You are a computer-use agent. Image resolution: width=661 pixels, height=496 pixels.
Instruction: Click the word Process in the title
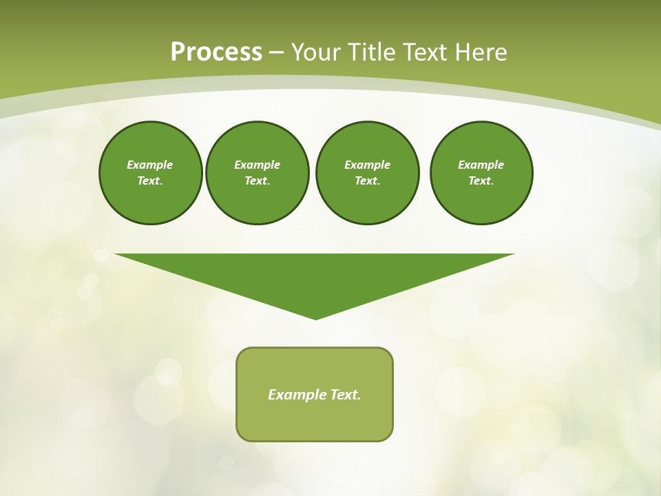pos(216,52)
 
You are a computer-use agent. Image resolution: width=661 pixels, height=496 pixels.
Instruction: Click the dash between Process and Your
pos(276,53)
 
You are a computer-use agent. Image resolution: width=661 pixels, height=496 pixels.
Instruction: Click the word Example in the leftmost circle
pos(149,165)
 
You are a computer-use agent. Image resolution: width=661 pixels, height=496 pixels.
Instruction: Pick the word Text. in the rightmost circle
pos(481,181)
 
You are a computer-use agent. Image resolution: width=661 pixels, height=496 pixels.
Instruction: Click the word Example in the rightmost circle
pos(481,165)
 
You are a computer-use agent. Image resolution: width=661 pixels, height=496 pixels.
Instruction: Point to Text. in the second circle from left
pos(257,181)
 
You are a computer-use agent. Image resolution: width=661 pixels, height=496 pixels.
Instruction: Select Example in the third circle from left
pos(367,165)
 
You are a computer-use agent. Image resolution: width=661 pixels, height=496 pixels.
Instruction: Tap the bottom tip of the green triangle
pos(315,318)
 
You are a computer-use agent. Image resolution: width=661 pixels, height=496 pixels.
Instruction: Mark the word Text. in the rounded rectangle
pos(346,395)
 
